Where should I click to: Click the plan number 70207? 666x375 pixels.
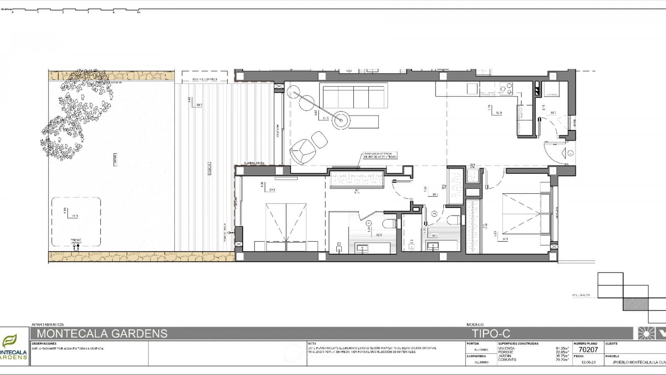point(588,350)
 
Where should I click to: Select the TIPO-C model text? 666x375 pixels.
point(491,333)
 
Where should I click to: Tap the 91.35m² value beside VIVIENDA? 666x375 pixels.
point(562,348)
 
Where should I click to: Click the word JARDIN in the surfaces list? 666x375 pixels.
point(505,356)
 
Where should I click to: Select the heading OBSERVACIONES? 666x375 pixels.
point(44,344)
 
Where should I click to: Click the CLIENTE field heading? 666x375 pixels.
point(612,344)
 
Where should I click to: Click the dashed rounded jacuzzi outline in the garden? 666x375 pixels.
point(76,222)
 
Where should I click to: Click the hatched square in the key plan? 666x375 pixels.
point(636,304)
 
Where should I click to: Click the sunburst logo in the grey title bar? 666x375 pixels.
point(646,333)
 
